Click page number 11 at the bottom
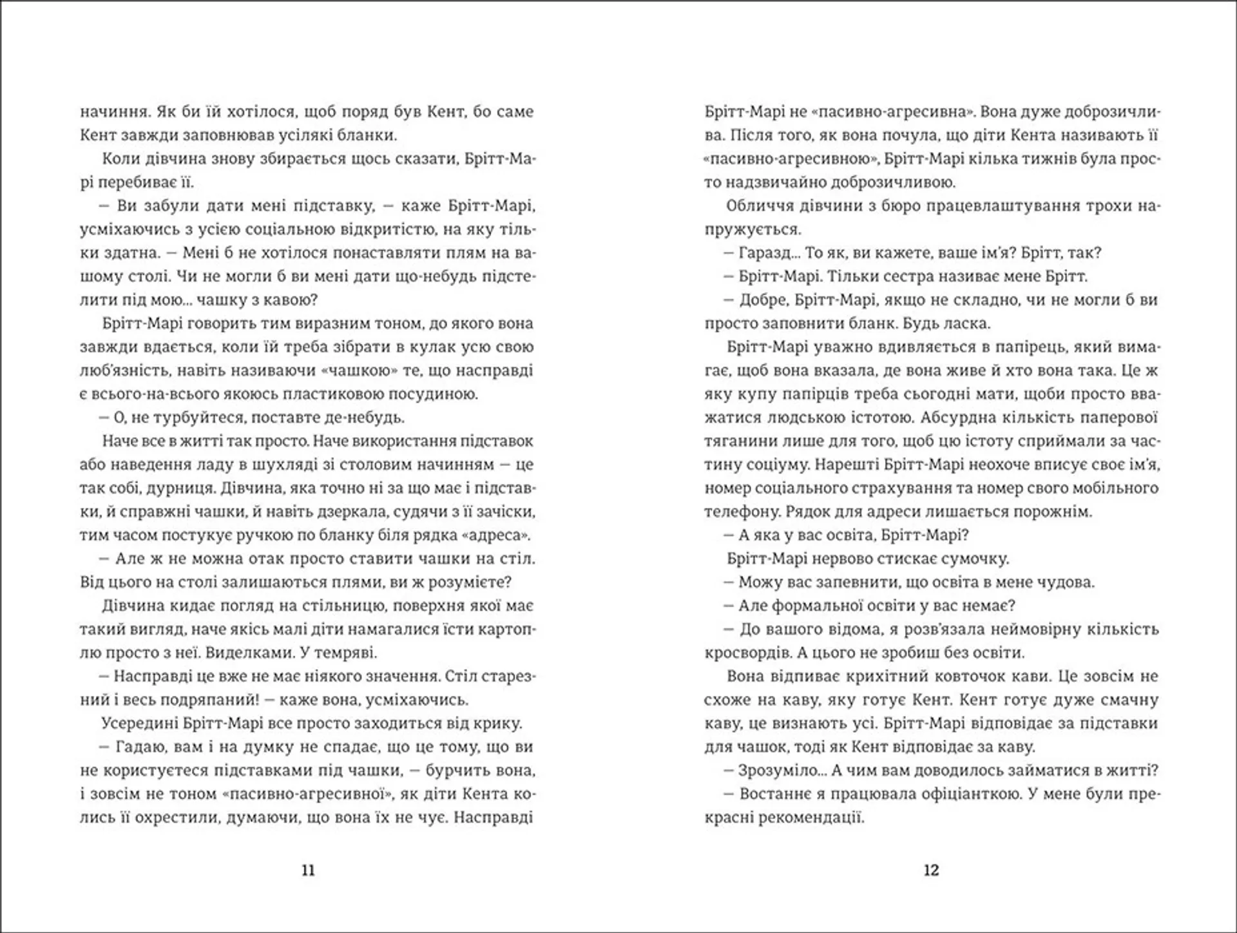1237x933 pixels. tap(308, 870)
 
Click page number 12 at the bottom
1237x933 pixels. tap(931, 870)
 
